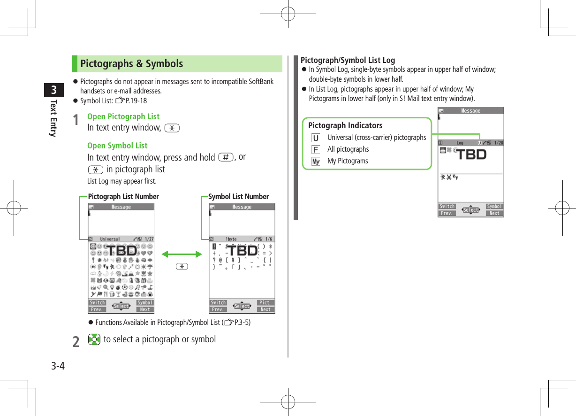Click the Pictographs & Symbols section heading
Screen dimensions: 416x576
tap(132, 64)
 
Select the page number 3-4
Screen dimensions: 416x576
tap(58, 366)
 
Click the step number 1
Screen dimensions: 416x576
tap(76, 121)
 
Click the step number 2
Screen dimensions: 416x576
tap(76, 341)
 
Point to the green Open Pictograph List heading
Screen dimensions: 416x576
tap(123, 116)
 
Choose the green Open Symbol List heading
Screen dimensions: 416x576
tap(117, 146)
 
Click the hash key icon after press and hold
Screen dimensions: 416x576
tap(225, 157)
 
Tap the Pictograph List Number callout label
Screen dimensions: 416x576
tap(123, 197)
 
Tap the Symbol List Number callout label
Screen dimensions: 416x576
tap(238, 197)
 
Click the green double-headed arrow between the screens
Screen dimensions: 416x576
tap(182, 254)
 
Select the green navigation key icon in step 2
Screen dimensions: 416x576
tap(94, 339)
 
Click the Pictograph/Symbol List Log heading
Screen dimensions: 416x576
tap(348, 60)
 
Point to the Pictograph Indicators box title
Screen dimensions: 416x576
tap(345, 125)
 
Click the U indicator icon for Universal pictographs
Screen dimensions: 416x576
tap(316, 138)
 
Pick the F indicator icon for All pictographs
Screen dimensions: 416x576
tap(316, 150)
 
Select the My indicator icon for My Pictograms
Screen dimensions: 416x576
tap(316, 162)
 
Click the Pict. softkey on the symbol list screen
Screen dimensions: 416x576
tap(265, 303)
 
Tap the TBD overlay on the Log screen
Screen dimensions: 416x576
tap(471, 154)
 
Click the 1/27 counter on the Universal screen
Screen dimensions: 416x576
tap(149, 239)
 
